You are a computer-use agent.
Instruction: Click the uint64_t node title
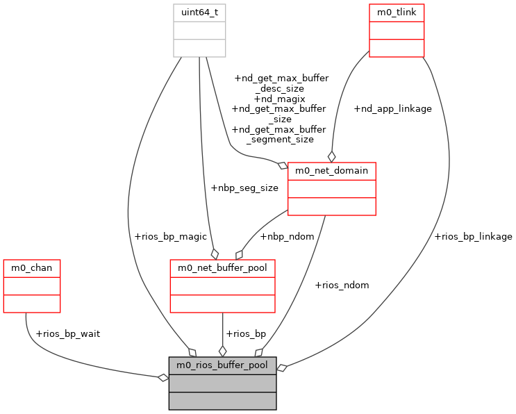[x=199, y=13]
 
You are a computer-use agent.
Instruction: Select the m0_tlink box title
[x=397, y=13]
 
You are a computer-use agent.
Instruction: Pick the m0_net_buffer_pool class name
[x=223, y=267]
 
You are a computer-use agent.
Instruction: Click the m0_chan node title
[x=32, y=267]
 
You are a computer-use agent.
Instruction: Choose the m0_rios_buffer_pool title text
[x=222, y=365]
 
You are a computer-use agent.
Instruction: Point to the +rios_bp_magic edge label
[x=170, y=236]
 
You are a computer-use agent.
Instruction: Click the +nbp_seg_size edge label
[x=244, y=188]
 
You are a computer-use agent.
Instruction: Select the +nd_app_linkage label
[x=392, y=108]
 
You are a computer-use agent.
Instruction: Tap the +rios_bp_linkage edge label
[x=473, y=236]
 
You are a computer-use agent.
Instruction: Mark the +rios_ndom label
[x=342, y=285]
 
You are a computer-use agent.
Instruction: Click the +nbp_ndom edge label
[x=287, y=236]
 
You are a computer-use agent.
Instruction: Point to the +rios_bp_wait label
[x=67, y=333]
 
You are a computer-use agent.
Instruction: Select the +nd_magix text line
[x=279, y=99]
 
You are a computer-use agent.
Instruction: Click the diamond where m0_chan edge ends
[x=163, y=377]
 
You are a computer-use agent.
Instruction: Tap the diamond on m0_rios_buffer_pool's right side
[x=282, y=367]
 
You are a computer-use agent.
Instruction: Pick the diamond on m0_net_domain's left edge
[x=283, y=165]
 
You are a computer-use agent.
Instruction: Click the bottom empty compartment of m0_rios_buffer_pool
[x=222, y=401]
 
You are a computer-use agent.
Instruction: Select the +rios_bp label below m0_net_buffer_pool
[x=246, y=333]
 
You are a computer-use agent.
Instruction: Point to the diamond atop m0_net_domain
[x=332, y=156]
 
